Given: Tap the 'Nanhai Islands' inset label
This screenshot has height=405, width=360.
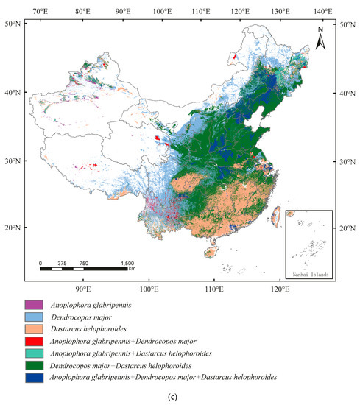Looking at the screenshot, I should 309,275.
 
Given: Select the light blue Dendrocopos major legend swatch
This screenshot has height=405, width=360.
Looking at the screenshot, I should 35,317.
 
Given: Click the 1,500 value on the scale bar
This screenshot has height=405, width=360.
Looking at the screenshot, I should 127,263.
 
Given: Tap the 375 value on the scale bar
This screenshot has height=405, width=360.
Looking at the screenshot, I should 63,263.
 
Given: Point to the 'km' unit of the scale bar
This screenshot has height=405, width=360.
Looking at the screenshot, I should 132,270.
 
